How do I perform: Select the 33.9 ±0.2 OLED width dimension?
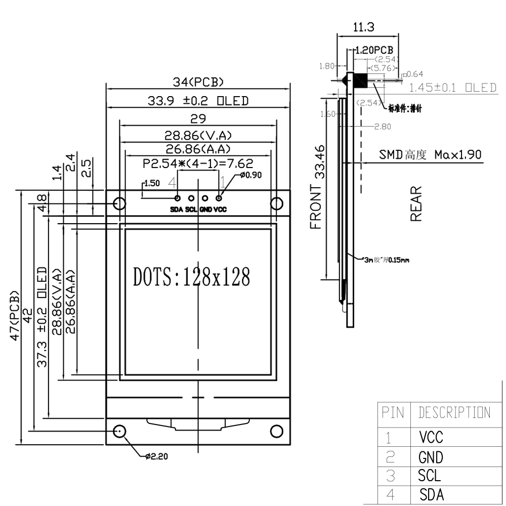tap(198, 101)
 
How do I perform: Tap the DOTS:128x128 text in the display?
tap(192, 277)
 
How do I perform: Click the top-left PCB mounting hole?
tap(119, 203)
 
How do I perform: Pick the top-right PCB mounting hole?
tap(276, 203)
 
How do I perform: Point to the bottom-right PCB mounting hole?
tap(276, 431)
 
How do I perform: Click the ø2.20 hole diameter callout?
tap(156, 456)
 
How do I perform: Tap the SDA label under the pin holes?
tap(177, 209)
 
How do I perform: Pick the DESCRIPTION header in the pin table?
tap(454, 412)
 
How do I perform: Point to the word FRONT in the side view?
tap(316, 207)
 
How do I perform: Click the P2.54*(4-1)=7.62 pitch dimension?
tap(198, 163)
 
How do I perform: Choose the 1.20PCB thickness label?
tap(374, 51)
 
